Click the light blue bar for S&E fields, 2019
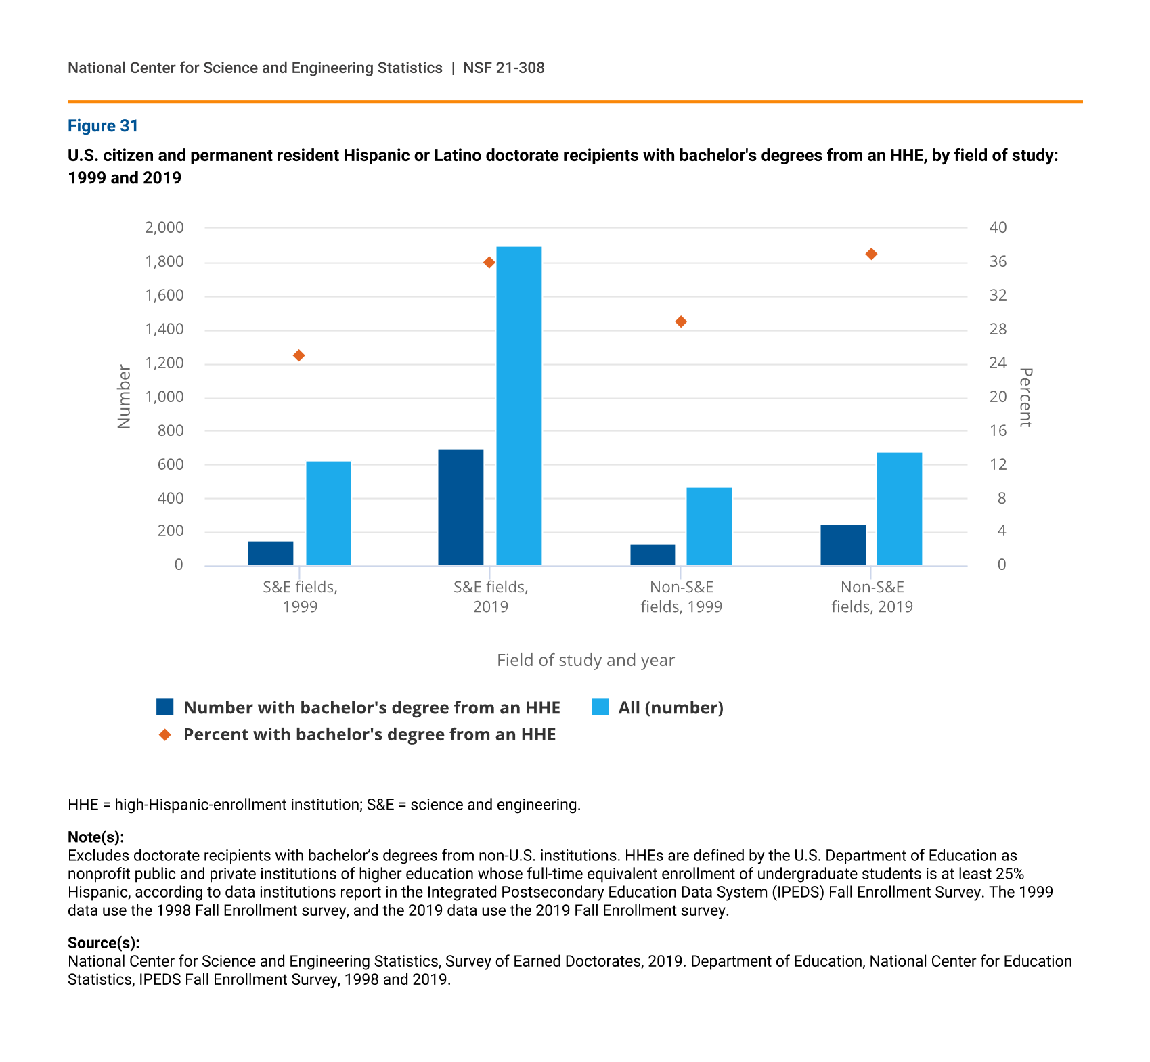coord(518,406)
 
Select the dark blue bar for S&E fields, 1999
coord(270,554)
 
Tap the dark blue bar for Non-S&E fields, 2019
coord(843,545)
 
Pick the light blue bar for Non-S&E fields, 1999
coord(709,527)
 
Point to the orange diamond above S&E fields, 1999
coord(298,355)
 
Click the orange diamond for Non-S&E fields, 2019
coord(871,254)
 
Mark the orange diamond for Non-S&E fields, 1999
coord(681,322)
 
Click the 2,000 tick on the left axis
coord(164,227)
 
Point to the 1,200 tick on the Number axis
coord(164,363)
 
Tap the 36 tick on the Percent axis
coord(998,261)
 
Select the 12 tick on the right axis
coord(998,464)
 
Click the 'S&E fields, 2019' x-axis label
coord(491,596)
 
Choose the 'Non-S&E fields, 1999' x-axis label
coord(681,596)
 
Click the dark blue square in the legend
coord(165,707)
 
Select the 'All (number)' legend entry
coord(670,707)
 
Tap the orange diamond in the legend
coord(165,734)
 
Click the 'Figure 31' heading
coord(103,126)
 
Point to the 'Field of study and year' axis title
coord(585,660)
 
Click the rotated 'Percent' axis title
coord(1025,397)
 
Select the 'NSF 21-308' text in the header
coord(504,68)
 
